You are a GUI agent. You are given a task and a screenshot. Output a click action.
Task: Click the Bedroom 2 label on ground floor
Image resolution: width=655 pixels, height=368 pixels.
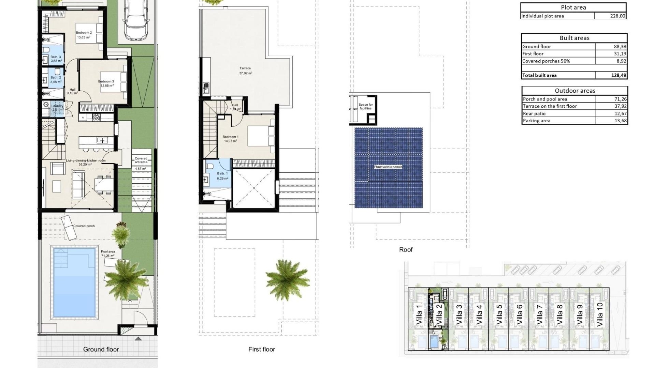[x=84, y=33]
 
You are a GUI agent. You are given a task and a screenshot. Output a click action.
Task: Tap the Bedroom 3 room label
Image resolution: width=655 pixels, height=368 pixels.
[x=106, y=82]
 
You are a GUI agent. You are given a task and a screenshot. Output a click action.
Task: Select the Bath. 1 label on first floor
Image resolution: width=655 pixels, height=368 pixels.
[x=222, y=174]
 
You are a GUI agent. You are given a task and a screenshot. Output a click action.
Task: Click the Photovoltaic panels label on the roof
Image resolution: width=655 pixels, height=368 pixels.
[x=388, y=167]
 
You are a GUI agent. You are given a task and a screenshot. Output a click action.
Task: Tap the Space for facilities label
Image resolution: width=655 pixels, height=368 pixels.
[x=365, y=106]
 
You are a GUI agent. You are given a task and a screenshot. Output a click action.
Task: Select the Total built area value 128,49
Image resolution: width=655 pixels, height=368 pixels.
[x=618, y=75]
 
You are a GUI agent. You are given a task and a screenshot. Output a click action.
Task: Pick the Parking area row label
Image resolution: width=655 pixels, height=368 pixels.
[x=536, y=121]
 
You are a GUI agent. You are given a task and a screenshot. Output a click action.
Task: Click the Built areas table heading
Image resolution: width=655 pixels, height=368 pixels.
[x=574, y=38]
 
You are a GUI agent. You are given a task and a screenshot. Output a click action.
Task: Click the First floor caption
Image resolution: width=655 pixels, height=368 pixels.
[x=261, y=349]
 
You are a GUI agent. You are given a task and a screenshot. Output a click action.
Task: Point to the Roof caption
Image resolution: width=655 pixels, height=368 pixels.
[x=406, y=250]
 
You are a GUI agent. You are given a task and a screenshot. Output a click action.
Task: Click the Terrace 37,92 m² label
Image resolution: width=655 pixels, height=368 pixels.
[x=245, y=71]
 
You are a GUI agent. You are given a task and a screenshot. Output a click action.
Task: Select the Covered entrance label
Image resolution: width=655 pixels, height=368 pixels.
[x=141, y=160]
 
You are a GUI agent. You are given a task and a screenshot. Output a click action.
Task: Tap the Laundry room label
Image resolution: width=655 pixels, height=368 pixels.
[x=57, y=106]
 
